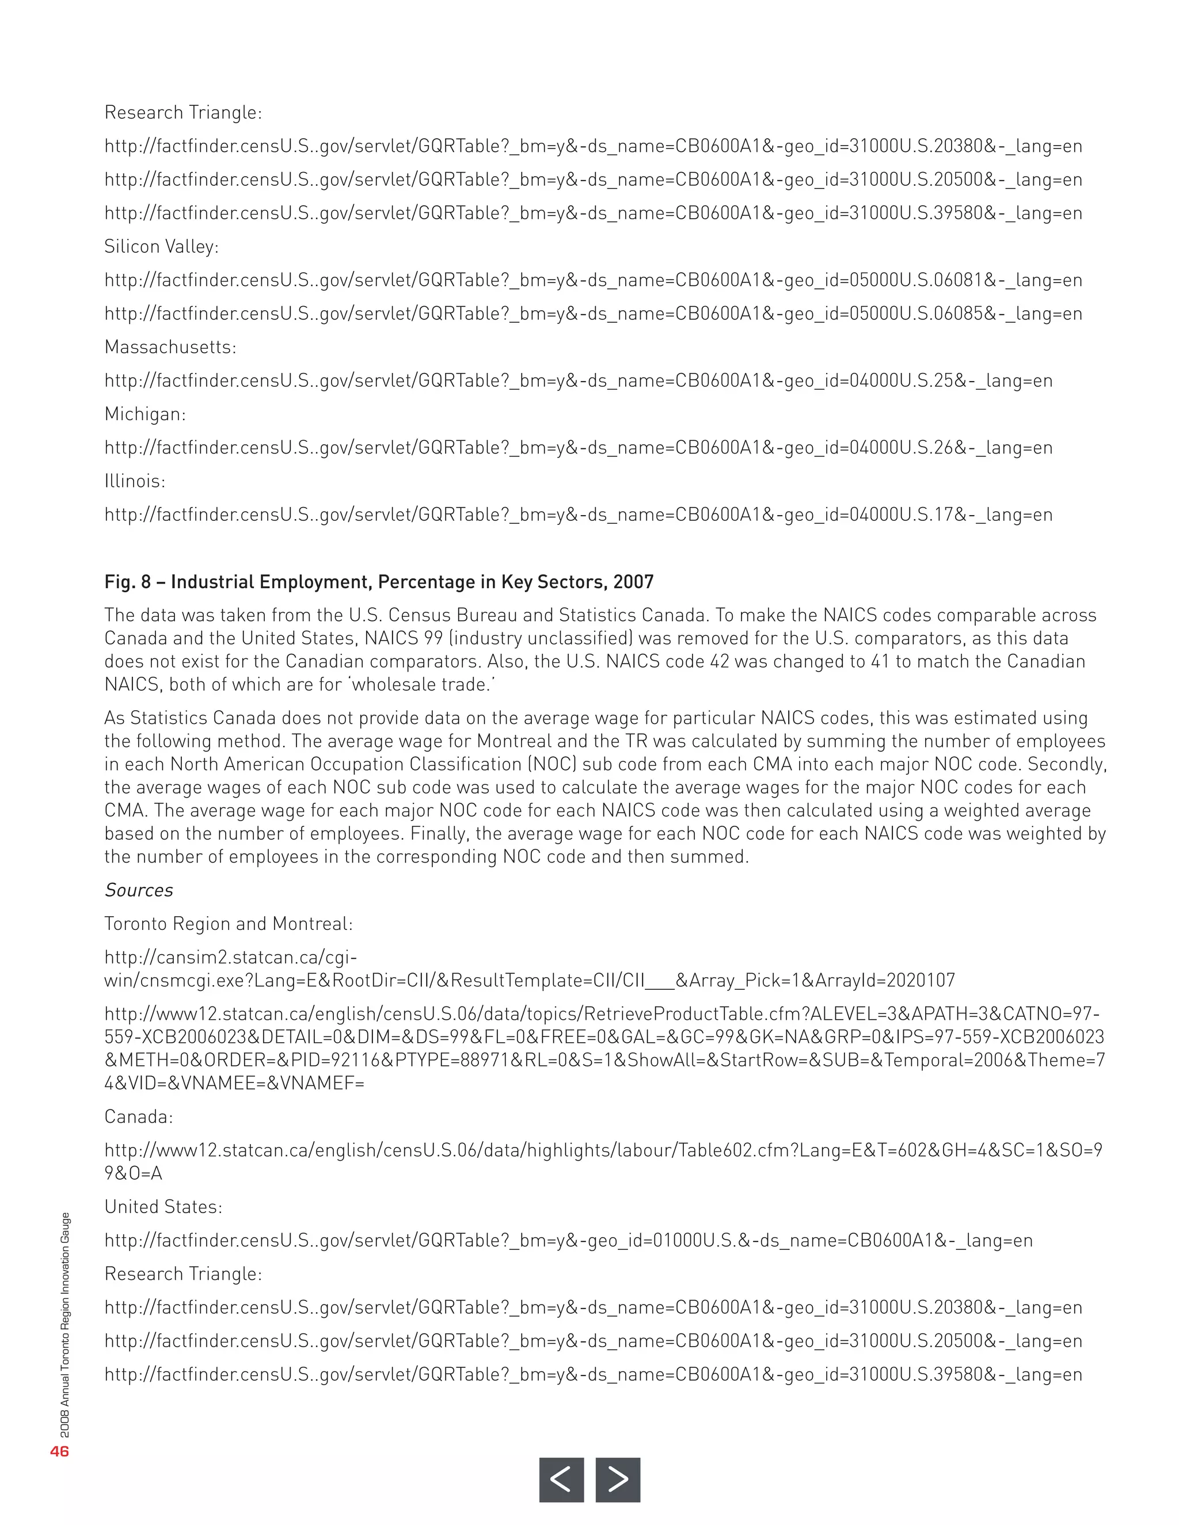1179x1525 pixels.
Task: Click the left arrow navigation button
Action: point(561,1479)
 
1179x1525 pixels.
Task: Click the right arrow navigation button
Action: point(618,1479)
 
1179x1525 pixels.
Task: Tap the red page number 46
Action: point(59,1451)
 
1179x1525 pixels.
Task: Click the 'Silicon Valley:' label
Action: point(161,246)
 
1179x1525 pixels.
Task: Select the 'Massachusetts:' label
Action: point(170,347)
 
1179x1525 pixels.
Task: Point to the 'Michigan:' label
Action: point(145,414)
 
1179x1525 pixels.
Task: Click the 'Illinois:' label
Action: point(135,481)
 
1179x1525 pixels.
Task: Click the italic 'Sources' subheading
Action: point(138,890)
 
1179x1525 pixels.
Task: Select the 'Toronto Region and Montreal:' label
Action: point(229,924)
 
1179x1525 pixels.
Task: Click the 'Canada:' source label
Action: point(138,1116)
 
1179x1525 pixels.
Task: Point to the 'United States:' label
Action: point(163,1207)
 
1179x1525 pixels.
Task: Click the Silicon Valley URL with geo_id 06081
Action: point(593,280)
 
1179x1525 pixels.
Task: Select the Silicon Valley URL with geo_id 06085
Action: point(593,314)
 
